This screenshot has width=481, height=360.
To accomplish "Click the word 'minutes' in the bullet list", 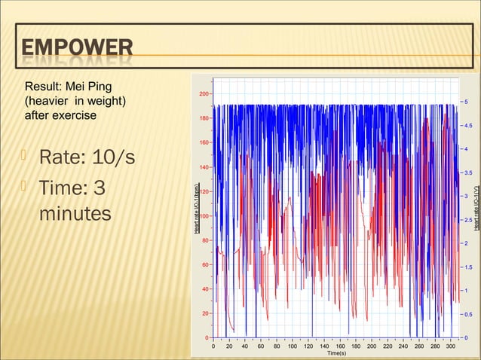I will pos(75,215).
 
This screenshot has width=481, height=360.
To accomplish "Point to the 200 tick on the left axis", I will pos(204,94).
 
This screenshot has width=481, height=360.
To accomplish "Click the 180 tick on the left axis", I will pos(204,118).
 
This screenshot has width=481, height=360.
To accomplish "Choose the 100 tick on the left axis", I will pos(204,215).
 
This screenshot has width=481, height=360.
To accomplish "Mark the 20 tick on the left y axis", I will pos(205,313).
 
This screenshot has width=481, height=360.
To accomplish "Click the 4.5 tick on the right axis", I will pos(469,126).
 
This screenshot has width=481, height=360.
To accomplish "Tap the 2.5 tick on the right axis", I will pos(469,220).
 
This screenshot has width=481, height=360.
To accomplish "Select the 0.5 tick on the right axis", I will pos(469,315).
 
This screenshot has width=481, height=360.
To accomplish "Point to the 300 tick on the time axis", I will pos(451,347).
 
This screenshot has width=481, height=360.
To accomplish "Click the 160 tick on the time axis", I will pos(340,347).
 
